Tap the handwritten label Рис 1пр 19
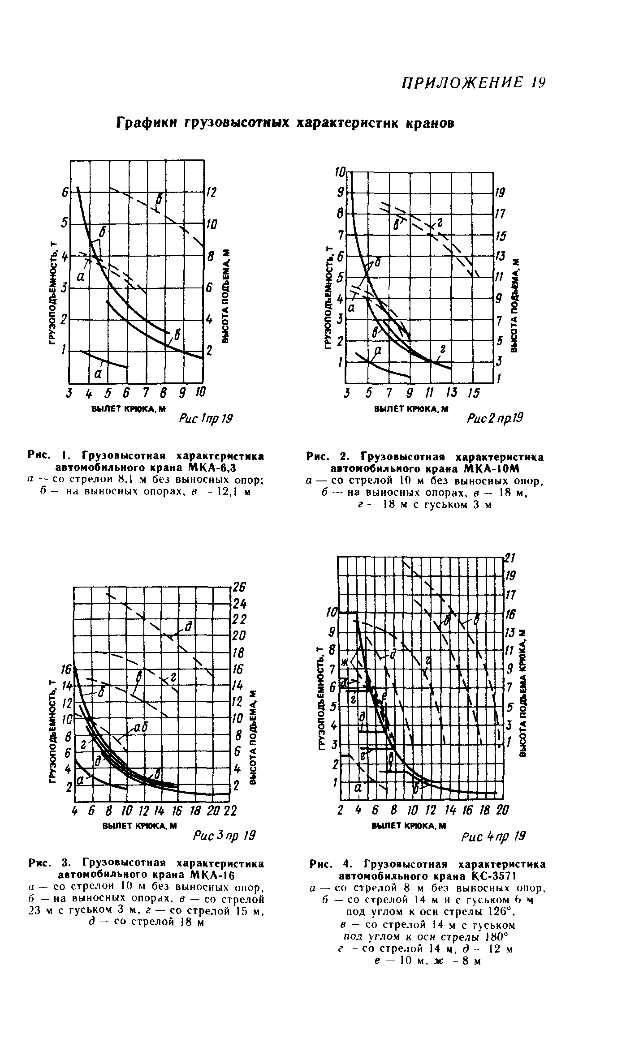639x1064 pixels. pos(206,419)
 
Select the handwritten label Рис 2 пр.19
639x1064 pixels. pos(495,418)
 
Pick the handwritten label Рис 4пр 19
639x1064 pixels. pos(493,836)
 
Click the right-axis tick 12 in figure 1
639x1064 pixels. pos(211,193)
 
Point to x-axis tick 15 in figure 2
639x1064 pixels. pos(473,393)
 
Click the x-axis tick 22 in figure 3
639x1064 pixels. pos(230,811)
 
